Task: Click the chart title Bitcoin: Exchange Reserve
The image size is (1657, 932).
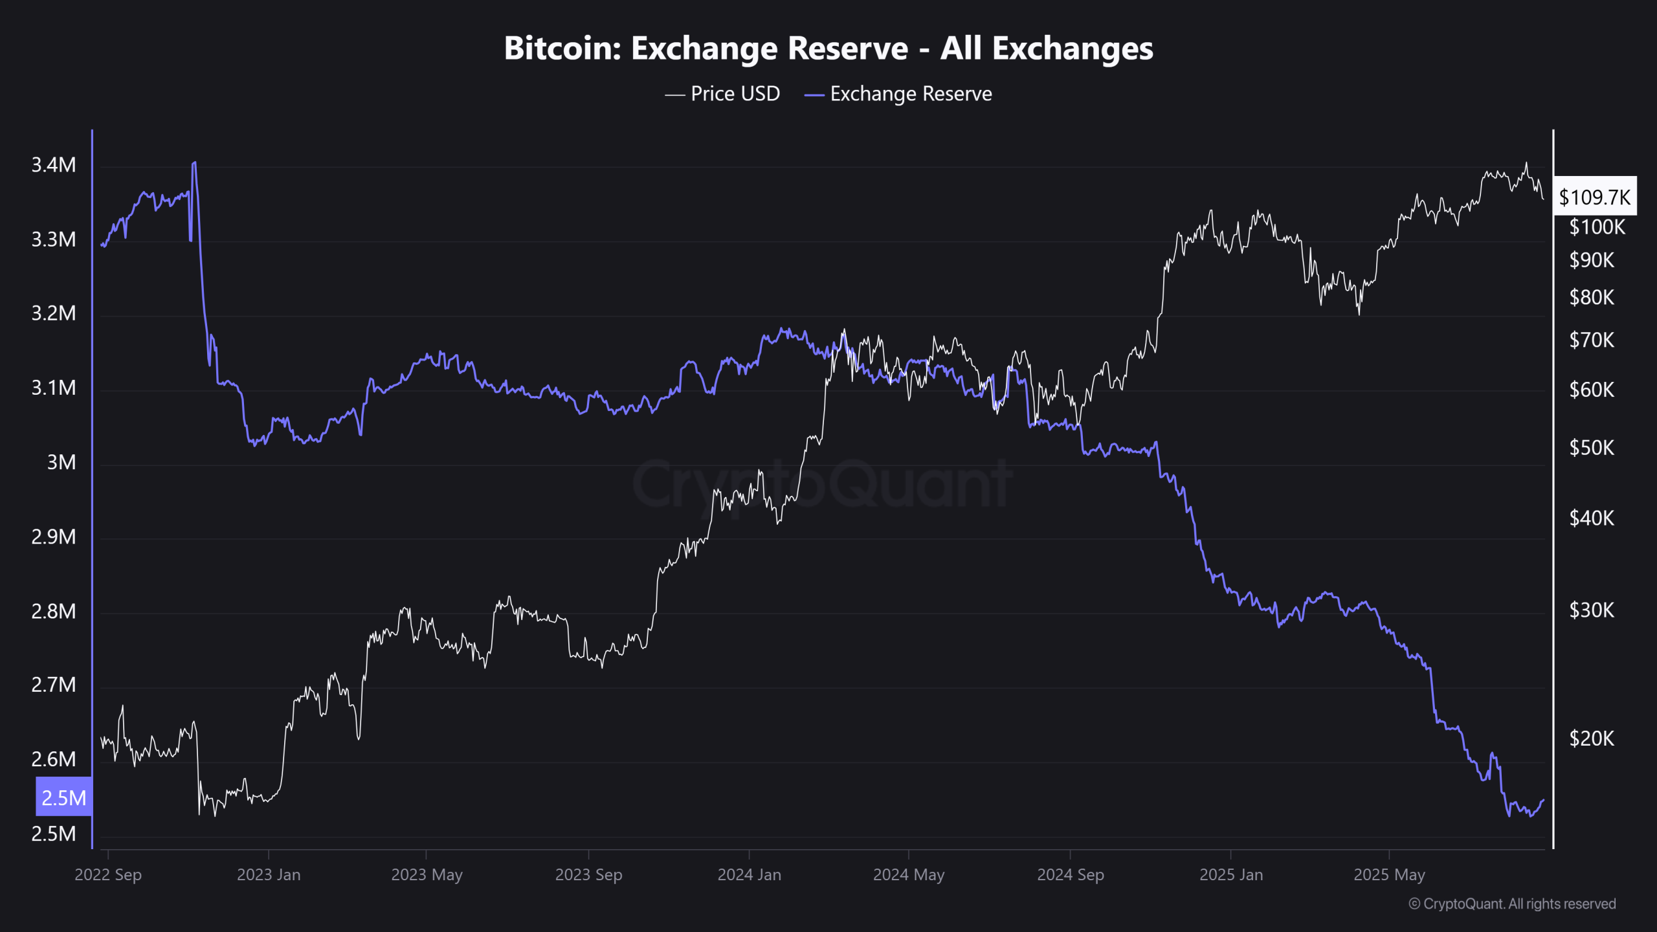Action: pyautogui.click(x=828, y=49)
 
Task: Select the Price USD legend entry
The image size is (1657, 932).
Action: pyautogui.click(x=723, y=94)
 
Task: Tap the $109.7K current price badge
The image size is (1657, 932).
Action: pyautogui.click(x=1595, y=197)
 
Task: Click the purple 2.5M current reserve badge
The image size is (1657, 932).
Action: pyautogui.click(x=63, y=797)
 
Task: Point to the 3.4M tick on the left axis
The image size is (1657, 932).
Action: pyautogui.click(x=54, y=165)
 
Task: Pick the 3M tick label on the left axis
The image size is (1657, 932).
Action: pyautogui.click(x=61, y=462)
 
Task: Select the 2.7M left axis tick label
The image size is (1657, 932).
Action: pyautogui.click(x=54, y=685)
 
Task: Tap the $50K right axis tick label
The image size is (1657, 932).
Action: pyautogui.click(x=1592, y=447)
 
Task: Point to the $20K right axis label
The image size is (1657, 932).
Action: pyautogui.click(x=1592, y=738)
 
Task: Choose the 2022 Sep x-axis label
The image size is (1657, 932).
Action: pyautogui.click(x=108, y=874)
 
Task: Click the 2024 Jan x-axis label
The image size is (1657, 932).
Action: pyautogui.click(x=749, y=874)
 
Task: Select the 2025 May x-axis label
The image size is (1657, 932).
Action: pyautogui.click(x=1389, y=874)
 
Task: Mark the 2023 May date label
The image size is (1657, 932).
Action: pyautogui.click(x=427, y=874)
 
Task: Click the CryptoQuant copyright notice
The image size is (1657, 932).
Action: pyautogui.click(x=1512, y=904)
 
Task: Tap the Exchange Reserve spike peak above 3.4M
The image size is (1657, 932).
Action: pyautogui.click(x=194, y=163)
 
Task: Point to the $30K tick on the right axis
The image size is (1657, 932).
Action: pyautogui.click(x=1592, y=610)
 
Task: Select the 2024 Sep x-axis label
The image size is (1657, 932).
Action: pyautogui.click(x=1070, y=874)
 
